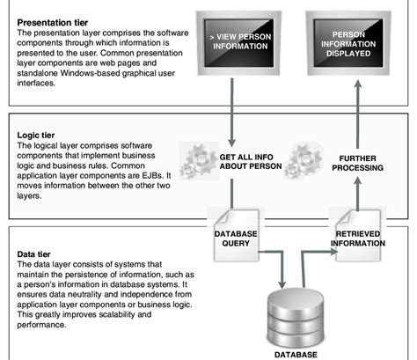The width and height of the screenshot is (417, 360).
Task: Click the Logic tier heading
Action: [x=36, y=137]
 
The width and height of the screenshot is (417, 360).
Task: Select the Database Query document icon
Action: [x=234, y=231]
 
